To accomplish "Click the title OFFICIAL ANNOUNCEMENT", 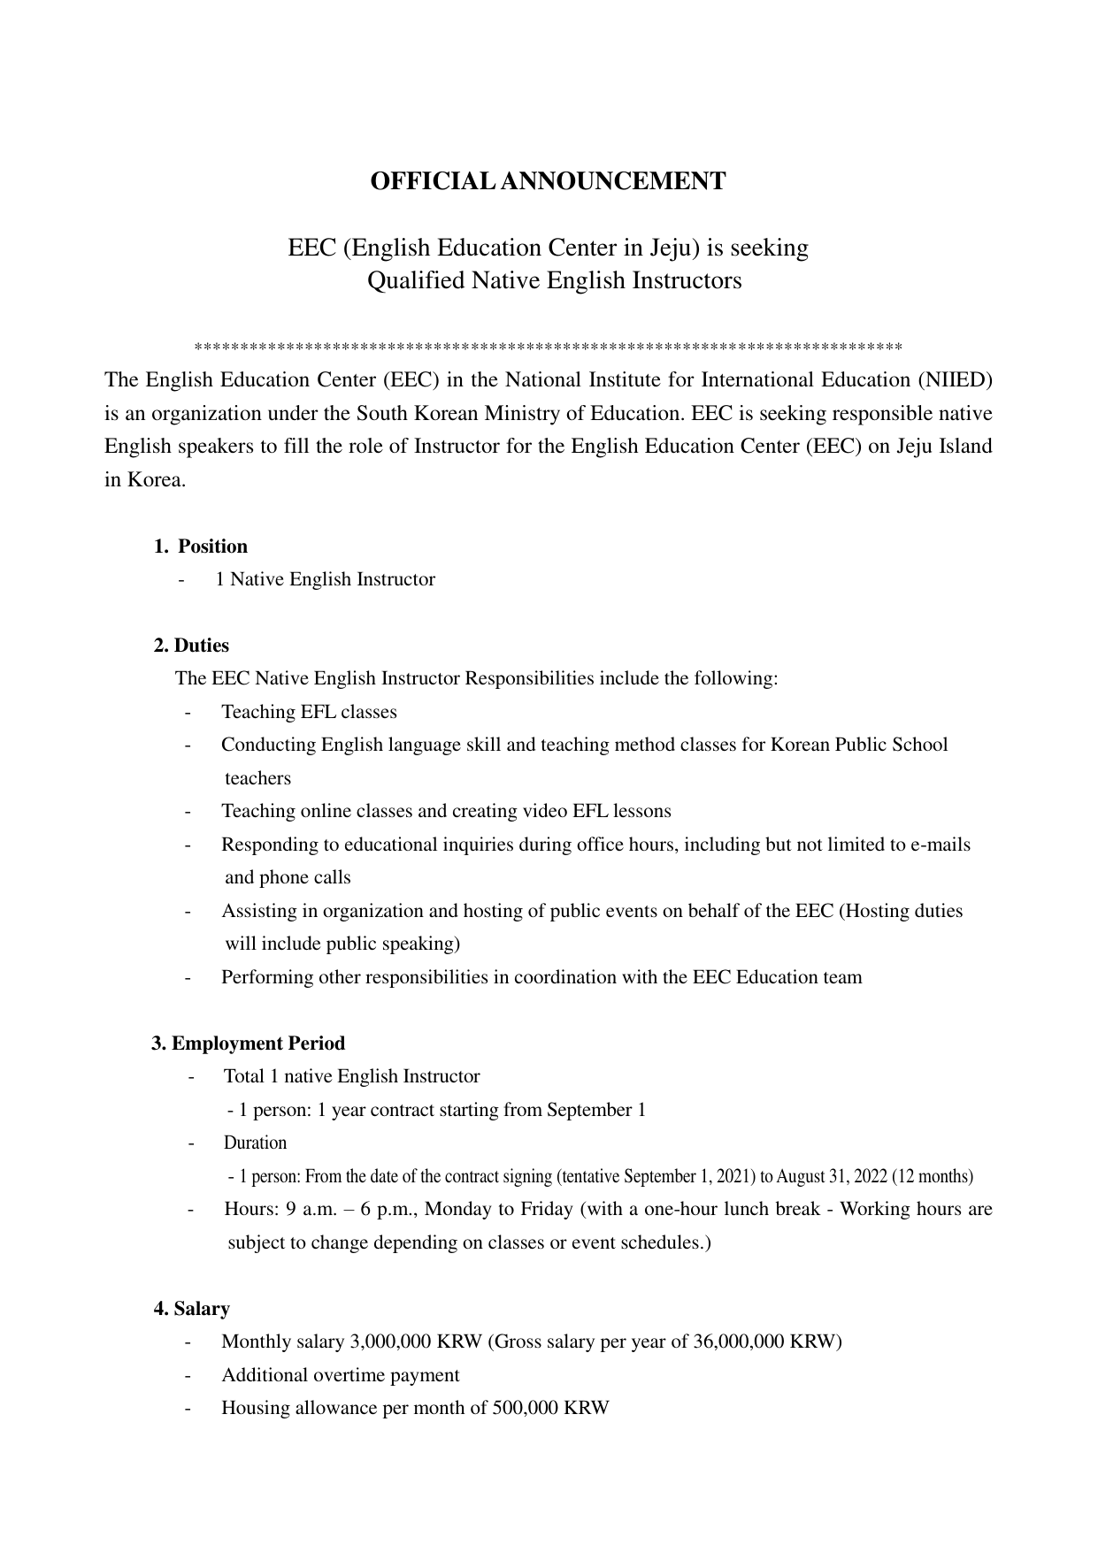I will click(x=548, y=181).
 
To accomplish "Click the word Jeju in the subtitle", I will click(x=673, y=248).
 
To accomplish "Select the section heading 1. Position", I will click(x=201, y=547).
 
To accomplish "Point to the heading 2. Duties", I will click(x=191, y=646).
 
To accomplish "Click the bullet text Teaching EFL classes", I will click(x=309, y=712).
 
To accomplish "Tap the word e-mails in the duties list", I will click(x=941, y=845).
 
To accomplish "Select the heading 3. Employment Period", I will click(x=249, y=1044).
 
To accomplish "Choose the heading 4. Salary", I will click(x=192, y=1309).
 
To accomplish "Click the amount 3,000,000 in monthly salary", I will click(x=390, y=1342).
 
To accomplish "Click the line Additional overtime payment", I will click(x=341, y=1375).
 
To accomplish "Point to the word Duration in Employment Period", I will click(x=255, y=1143).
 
